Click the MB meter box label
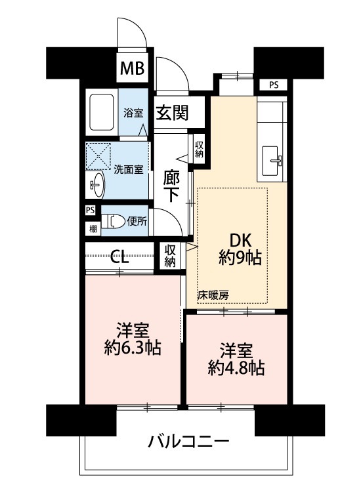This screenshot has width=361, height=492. (x=133, y=68)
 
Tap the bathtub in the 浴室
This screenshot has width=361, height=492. (x=101, y=112)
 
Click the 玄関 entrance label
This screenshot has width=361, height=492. (x=173, y=113)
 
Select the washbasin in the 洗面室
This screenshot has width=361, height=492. (x=97, y=185)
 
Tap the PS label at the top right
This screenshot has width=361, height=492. (x=274, y=85)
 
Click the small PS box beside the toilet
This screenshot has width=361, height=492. (x=90, y=210)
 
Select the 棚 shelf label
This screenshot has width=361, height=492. (x=93, y=229)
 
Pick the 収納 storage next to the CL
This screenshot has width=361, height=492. (x=170, y=256)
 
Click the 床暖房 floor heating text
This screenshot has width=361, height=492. (x=213, y=295)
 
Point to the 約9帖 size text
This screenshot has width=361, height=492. (x=240, y=258)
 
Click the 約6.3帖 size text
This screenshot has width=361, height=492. (x=133, y=348)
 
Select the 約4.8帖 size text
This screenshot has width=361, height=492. (x=236, y=368)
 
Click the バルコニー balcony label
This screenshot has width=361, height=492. (x=188, y=442)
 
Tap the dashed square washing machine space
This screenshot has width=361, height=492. (x=98, y=156)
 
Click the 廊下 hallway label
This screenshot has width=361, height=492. (x=171, y=187)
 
